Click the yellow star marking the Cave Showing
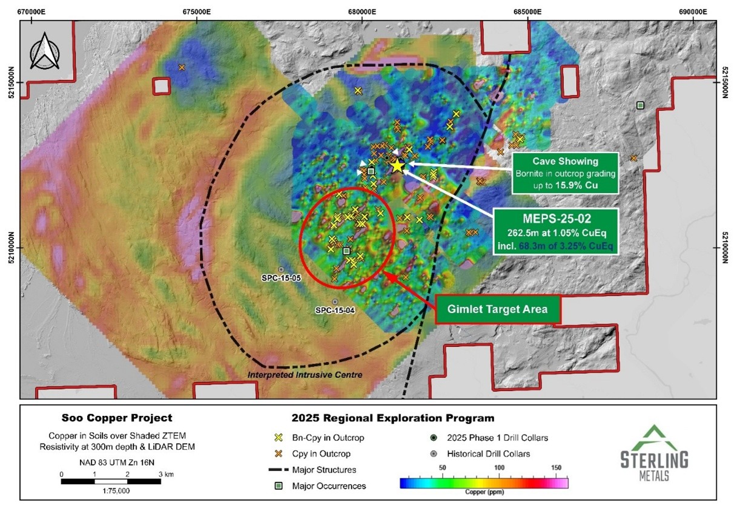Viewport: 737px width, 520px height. (x=397, y=165)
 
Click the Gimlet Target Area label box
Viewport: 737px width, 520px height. (x=497, y=309)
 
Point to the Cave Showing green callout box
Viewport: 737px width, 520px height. (x=565, y=173)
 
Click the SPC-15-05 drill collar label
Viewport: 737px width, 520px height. (x=280, y=280)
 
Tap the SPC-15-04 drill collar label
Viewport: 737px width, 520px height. (x=335, y=311)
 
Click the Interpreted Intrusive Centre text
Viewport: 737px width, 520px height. (x=305, y=375)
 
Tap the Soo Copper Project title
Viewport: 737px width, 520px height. (x=117, y=418)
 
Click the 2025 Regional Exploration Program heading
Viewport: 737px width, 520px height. (x=393, y=418)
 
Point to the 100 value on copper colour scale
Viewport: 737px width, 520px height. (x=499, y=468)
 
